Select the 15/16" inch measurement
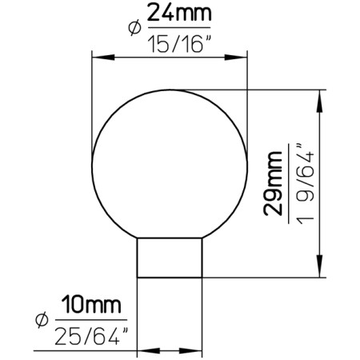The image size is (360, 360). click(x=178, y=43)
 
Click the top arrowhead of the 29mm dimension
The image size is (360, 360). click(x=321, y=96)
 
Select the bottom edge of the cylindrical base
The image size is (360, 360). click(x=170, y=276)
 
